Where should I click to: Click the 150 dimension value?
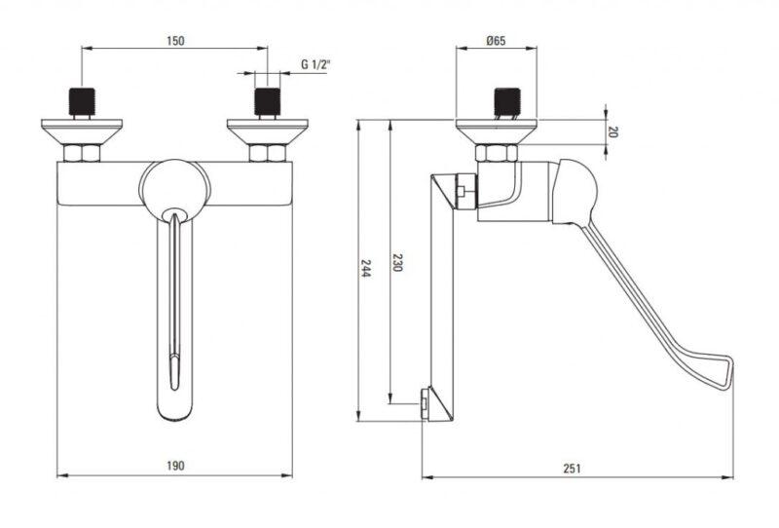175,41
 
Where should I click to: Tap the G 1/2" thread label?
315,64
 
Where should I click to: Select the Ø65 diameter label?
496,41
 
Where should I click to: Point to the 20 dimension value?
613,132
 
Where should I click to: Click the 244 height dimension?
366,268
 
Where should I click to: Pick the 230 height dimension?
397,262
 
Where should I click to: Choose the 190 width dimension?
175,466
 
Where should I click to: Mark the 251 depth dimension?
572,468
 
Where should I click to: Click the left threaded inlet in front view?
82,102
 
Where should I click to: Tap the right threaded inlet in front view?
267,102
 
